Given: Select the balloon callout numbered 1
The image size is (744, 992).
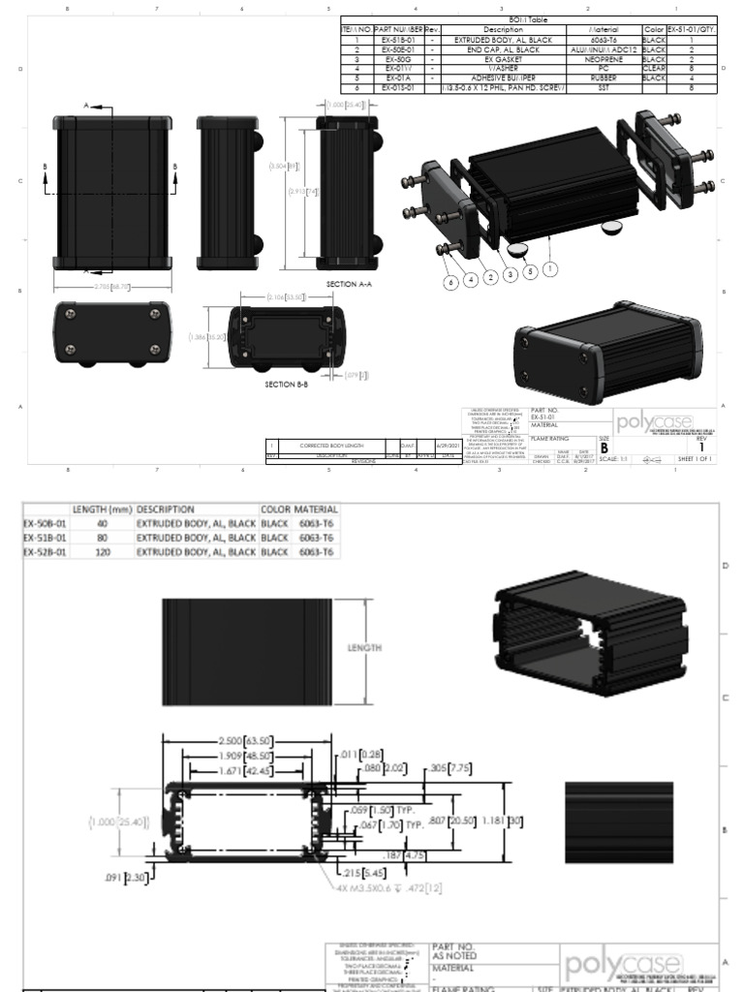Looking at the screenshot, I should point(549,267).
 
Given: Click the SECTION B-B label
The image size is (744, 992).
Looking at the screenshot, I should point(287,384).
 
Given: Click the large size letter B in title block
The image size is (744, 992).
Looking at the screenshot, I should point(604,449).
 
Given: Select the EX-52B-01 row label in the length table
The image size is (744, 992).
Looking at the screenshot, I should point(44,551).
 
